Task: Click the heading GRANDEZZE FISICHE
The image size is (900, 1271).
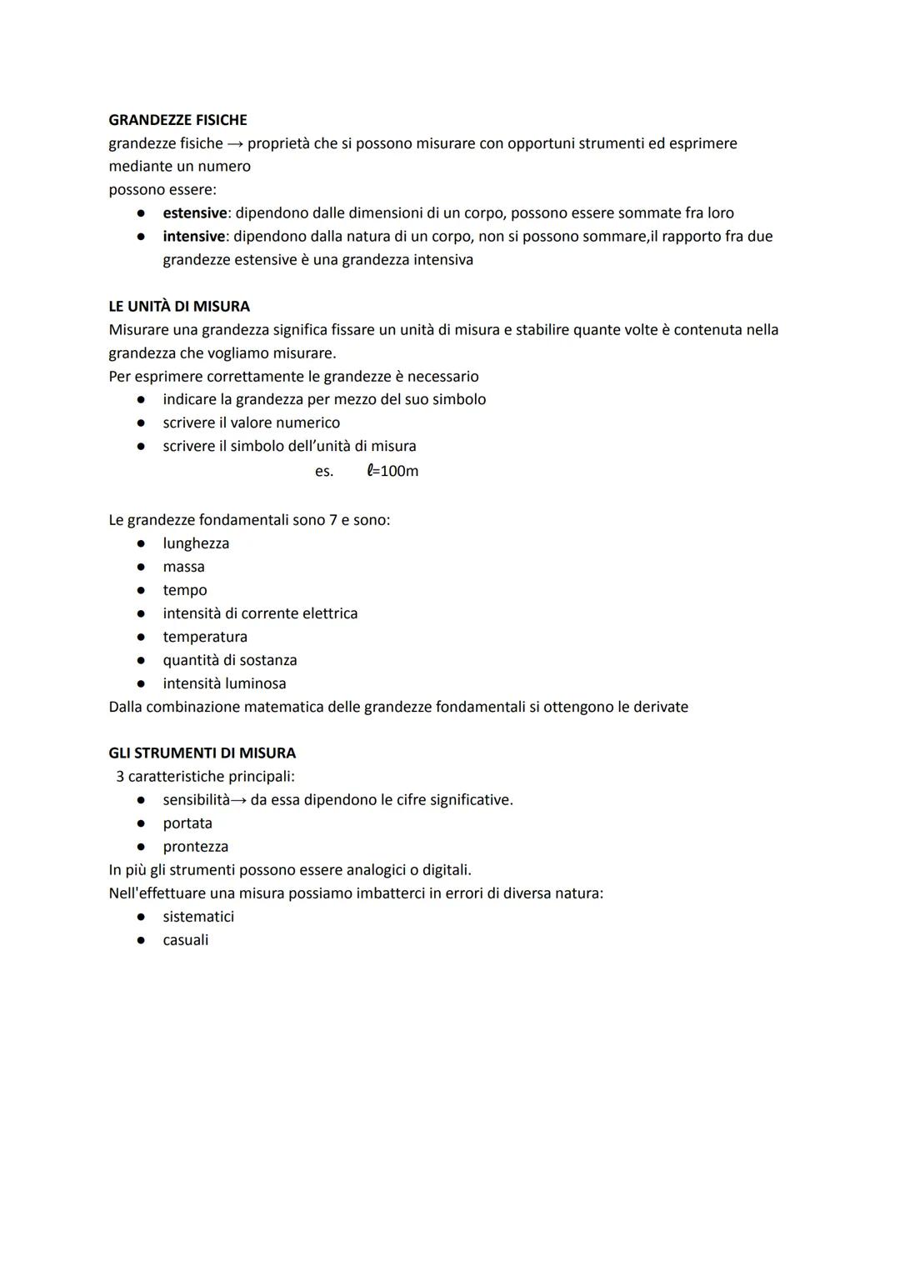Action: pos(177,120)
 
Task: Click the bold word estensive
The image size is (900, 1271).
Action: pos(194,213)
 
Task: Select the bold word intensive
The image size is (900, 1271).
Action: pos(193,237)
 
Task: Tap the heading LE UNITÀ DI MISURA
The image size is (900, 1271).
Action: pos(179,307)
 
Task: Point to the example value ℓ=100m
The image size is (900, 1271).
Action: pos(392,471)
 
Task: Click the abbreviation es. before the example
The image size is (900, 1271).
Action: pos(324,472)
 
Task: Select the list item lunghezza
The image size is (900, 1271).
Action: pos(196,543)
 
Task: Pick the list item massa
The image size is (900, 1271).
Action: pos(183,567)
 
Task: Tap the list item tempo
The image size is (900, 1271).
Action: pos(184,590)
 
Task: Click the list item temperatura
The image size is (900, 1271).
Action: pos(205,637)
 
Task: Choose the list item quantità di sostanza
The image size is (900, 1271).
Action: pos(229,660)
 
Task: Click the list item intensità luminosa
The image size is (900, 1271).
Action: pos(224,683)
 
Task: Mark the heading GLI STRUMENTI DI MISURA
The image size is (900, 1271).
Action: pos(202,753)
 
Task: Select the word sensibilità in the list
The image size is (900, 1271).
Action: pos(196,800)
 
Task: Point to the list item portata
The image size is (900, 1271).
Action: pos(187,823)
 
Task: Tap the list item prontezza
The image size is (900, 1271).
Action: pos(195,847)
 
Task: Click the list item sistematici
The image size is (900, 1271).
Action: pos(198,917)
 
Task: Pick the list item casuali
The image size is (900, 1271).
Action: pos(185,940)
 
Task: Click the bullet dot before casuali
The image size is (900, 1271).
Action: pos(142,940)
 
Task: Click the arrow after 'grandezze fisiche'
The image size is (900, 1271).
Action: pos(235,144)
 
